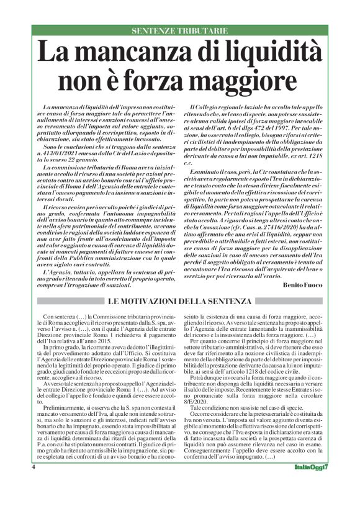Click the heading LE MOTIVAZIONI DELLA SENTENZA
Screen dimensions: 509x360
(179, 302)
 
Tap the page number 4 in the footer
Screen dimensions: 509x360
(34, 484)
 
